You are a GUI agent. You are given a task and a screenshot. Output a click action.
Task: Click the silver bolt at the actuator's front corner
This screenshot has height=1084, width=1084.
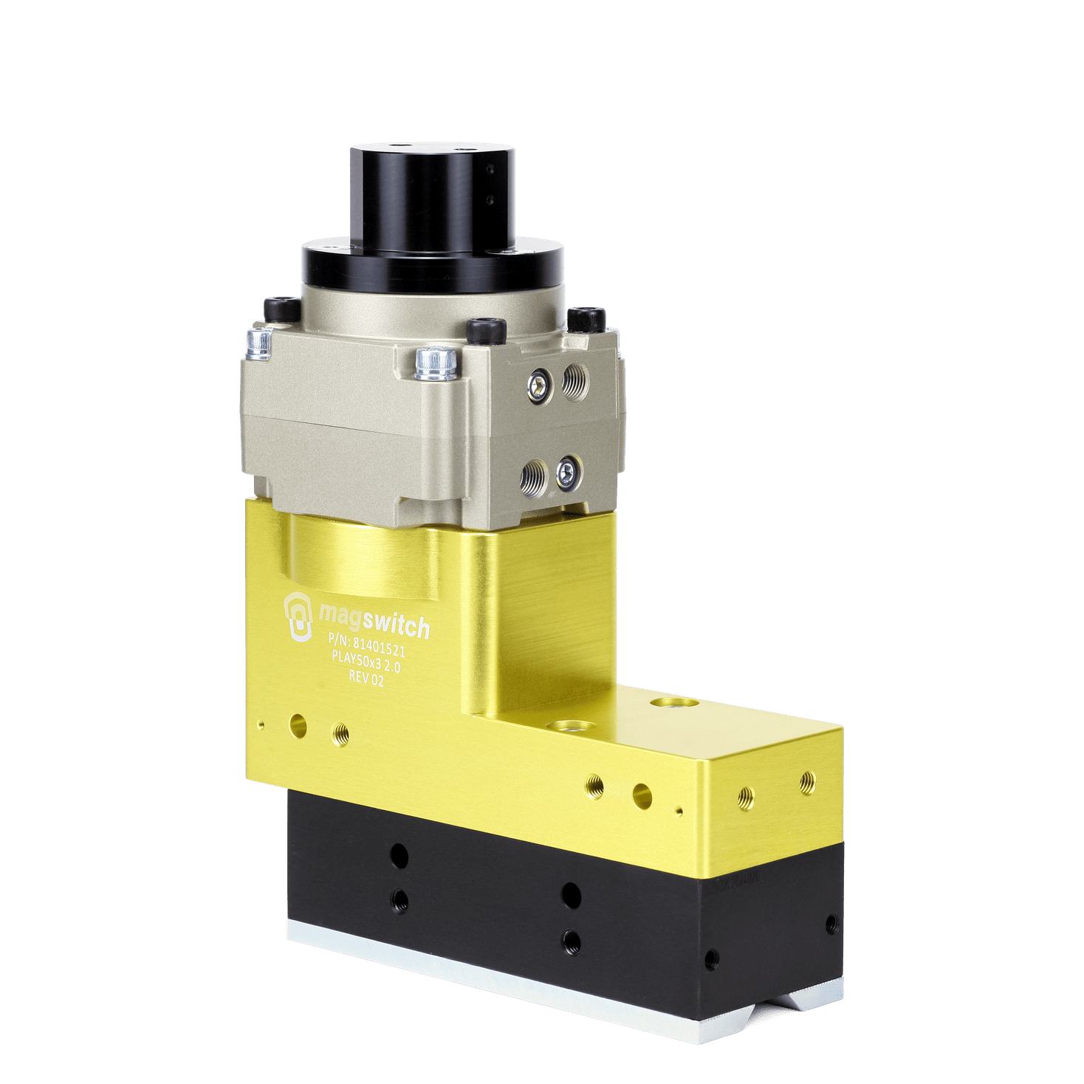point(436,364)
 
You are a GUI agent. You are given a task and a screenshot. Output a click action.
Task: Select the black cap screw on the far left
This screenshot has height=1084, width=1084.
point(283,309)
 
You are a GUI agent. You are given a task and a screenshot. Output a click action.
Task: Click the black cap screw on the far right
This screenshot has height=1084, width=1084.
point(587,319)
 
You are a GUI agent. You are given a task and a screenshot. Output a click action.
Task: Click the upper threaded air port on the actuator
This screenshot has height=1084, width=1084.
point(574,381)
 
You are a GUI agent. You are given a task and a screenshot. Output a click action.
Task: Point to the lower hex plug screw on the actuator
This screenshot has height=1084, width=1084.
point(568,470)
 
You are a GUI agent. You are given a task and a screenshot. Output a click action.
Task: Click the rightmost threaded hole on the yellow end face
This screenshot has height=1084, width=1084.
point(808,781)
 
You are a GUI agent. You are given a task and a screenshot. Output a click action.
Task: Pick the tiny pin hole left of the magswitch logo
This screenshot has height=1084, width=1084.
point(261,724)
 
